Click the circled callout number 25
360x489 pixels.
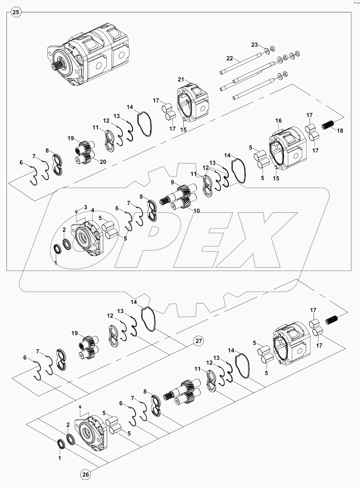[x=16, y=13]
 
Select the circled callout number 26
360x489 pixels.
[x=86, y=475]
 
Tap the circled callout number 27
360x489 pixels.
[x=199, y=341]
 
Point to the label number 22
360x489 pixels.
[x=230, y=58]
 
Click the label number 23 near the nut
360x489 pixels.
[x=254, y=45]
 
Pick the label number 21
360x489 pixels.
[x=181, y=79]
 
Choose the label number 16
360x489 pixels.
[x=279, y=121]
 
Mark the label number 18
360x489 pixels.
[x=340, y=131]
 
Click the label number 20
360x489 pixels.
[x=103, y=162]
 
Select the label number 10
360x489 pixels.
[x=196, y=211]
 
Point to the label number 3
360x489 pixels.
[x=85, y=207]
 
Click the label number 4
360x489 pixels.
[x=93, y=211]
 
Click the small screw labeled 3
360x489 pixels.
[x=76, y=212]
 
